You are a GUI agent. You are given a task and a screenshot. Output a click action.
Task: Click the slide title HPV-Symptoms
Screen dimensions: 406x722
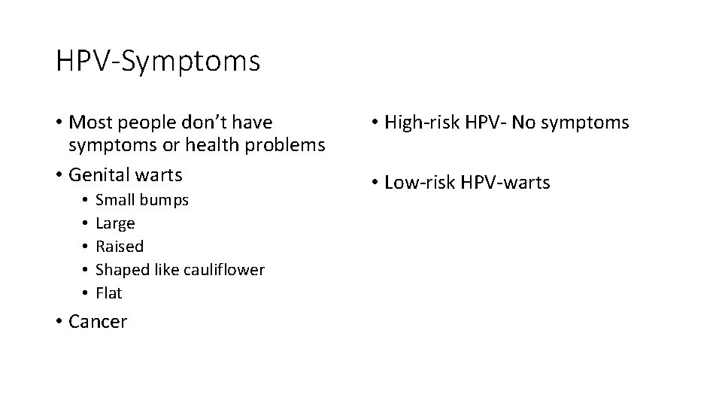pyautogui.click(x=158, y=61)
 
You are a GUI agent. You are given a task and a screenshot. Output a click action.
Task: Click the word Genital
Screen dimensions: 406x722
pyautogui.click(x=97, y=174)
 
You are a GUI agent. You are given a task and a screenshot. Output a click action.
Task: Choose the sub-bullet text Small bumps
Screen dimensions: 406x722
pyautogui.click(x=142, y=201)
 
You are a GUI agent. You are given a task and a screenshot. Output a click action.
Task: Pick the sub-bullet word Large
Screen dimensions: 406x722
pyautogui.click(x=115, y=224)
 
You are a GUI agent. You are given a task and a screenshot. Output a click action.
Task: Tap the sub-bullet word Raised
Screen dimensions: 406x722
pyautogui.click(x=119, y=247)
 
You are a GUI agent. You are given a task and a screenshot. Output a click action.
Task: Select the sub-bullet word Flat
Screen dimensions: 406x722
pyautogui.click(x=108, y=292)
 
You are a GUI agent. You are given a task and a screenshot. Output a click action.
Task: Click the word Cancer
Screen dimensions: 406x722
pyautogui.click(x=98, y=322)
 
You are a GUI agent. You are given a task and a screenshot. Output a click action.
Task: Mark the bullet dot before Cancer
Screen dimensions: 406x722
pyautogui.click(x=59, y=323)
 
